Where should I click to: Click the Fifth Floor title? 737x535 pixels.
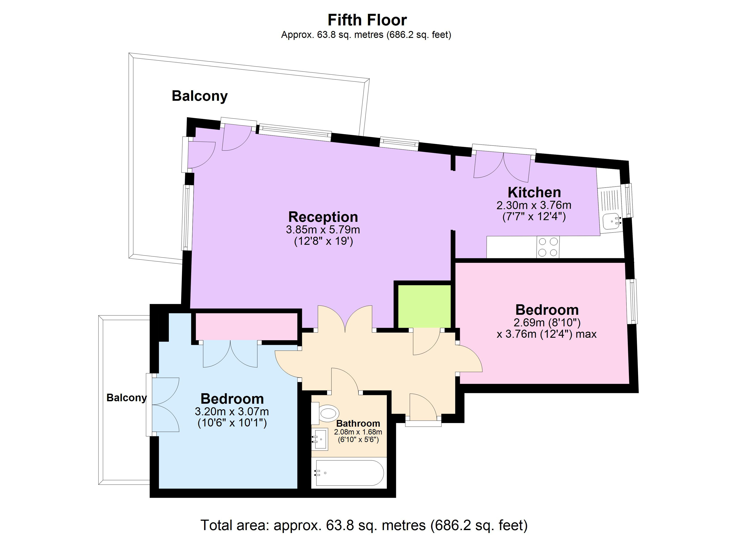[367, 20]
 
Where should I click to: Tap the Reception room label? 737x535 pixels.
[323, 217]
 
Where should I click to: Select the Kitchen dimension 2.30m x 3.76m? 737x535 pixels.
[534, 205]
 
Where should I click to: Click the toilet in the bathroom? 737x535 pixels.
[327, 413]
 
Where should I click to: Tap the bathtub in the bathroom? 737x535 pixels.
[349, 473]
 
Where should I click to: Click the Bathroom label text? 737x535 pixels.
[358, 423]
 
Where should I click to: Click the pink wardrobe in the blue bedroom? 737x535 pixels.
[246, 326]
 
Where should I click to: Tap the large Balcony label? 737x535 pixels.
[199, 96]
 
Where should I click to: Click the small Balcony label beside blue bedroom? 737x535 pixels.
[126, 398]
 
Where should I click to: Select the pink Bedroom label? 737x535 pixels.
[547, 310]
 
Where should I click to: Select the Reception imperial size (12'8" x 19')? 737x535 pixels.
[323, 241]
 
